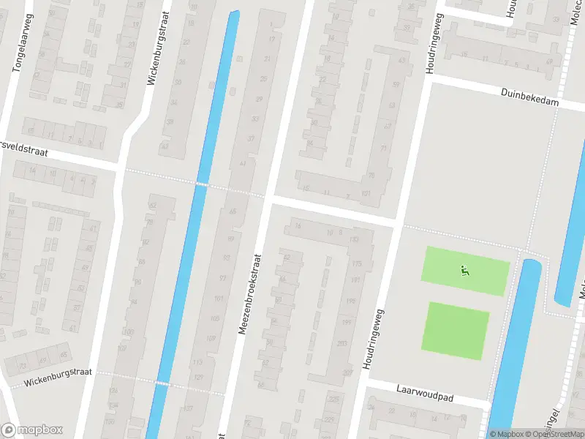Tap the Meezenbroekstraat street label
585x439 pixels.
tap(249, 294)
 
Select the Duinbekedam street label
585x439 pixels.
tap(530, 97)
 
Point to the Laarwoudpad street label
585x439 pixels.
tap(426, 394)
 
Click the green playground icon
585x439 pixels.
tap(464, 271)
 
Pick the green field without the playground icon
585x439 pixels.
tap(455, 330)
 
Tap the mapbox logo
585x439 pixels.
tap(32, 429)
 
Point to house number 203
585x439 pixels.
tap(342, 343)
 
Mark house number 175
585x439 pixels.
tap(357, 263)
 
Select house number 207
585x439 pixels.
tap(348, 372)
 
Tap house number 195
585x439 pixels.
tap(350, 301)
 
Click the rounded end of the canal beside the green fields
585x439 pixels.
tap(531, 265)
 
